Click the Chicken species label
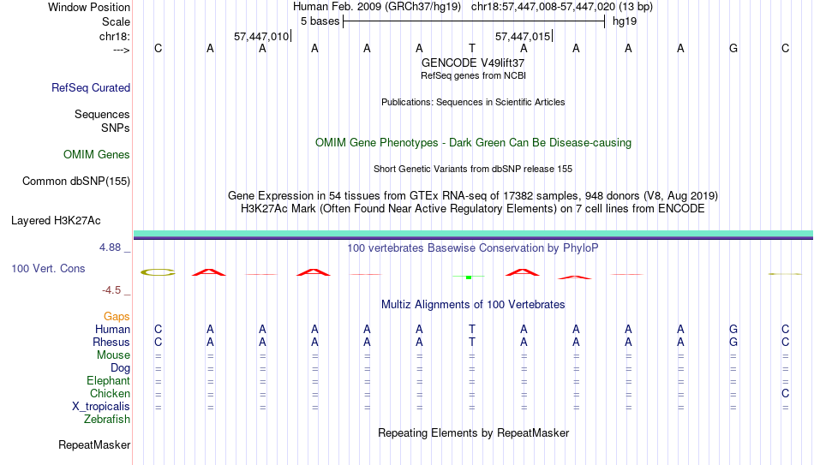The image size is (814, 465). (x=110, y=393)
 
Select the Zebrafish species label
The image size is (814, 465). (x=107, y=419)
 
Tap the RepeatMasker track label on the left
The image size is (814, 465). (x=94, y=444)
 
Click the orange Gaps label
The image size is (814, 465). (x=117, y=316)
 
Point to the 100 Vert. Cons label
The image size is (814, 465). (x=48, y=268)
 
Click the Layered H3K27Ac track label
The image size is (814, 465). (x=56, y=221)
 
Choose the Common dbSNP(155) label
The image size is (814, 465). (x=76, y=182)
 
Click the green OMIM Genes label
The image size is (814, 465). (x=97, y=155)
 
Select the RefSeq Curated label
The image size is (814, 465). (x=91, y=87)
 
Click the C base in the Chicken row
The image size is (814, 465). (x=785, y=393)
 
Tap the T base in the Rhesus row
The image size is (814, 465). (x=472, y=342)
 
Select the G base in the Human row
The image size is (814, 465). (x=733, y=329)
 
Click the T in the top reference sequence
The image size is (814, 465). (x=472, y=48)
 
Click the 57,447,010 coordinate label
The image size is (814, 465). (x=261, y=36)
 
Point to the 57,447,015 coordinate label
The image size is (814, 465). (x=523, y=36)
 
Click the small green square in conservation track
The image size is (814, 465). (x=469, y=277)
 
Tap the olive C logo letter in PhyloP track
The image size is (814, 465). (x=159, y=272)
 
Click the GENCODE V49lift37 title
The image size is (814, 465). (x=473, y=63)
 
